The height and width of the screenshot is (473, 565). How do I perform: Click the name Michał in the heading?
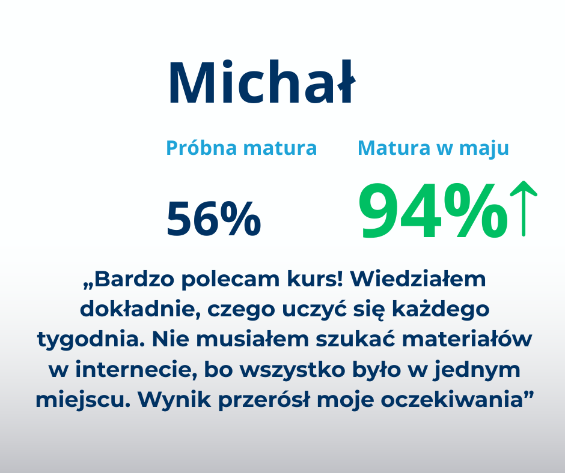[x=262, y=82]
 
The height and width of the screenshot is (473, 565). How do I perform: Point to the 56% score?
[x=213, y=218]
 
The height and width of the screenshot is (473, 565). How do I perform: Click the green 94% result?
[x=433, y=211]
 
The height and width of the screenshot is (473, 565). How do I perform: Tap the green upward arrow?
[x=524, y=209]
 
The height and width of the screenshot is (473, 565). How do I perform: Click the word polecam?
[x=230, y=279]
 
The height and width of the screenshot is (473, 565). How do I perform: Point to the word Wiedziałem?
[x=418, y=279]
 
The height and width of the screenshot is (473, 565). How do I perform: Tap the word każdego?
[x=441, y=310]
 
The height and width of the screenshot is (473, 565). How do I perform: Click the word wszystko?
[x=293, y=370]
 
